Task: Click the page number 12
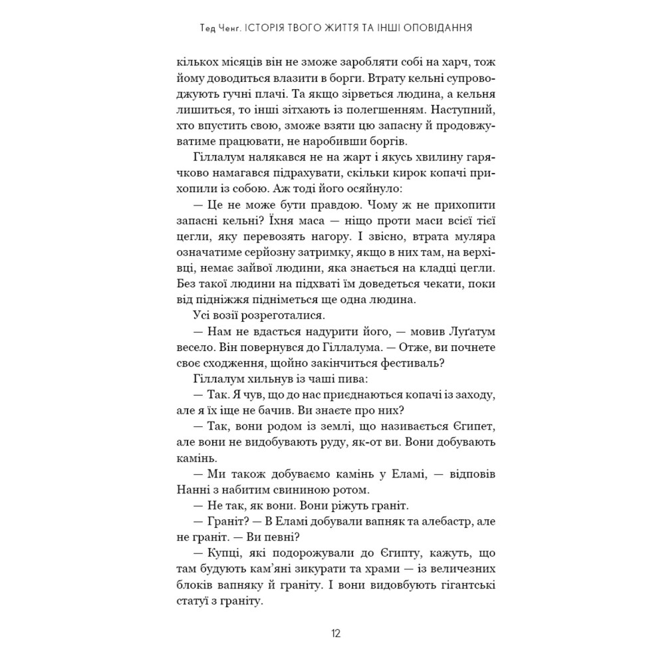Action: pos(335,633)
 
